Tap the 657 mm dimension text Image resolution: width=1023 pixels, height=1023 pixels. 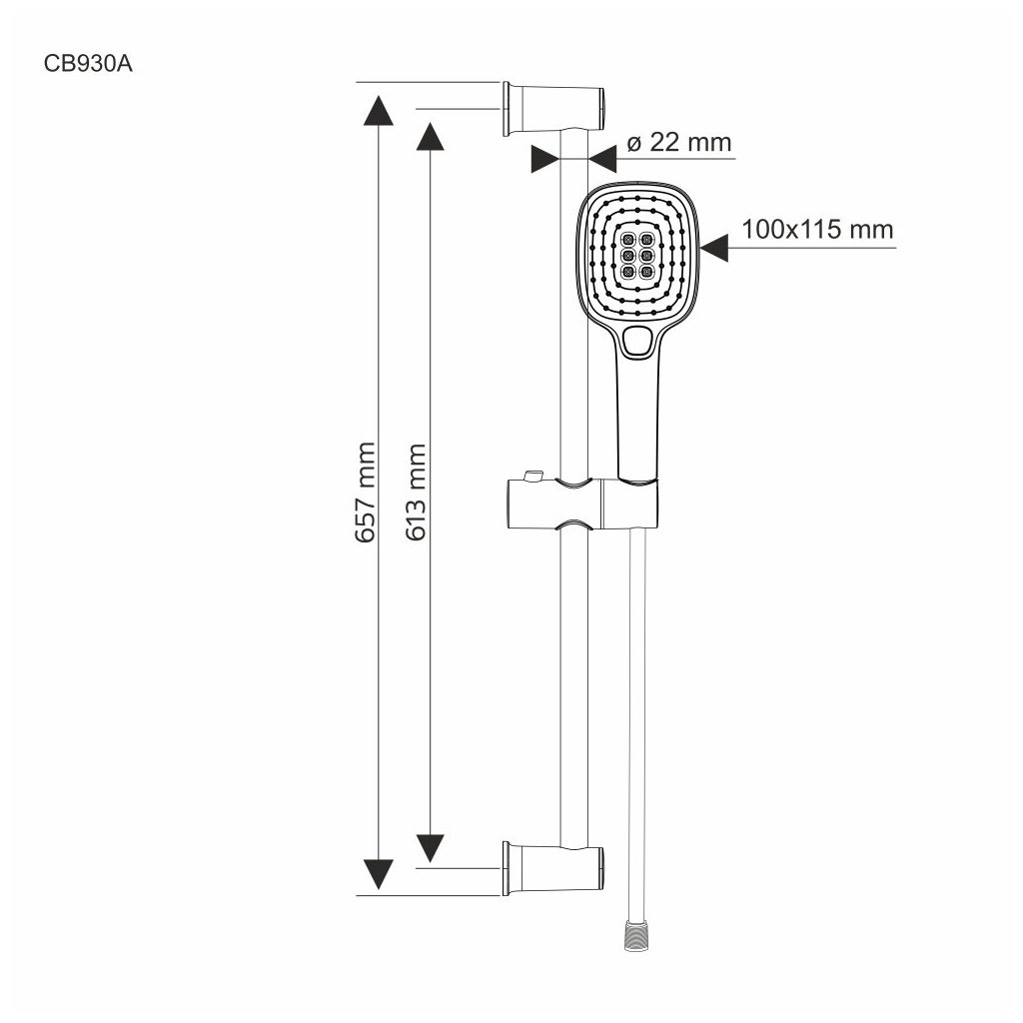pos(365,492)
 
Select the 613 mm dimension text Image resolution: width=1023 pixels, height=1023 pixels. pos(416,492)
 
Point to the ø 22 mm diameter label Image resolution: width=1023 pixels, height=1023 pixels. pos(679,142)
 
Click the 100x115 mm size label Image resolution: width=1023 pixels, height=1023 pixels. pos(816,230)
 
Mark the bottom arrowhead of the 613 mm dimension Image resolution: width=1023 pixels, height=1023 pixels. pos(430,847)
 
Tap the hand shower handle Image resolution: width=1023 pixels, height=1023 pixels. pos(636,420)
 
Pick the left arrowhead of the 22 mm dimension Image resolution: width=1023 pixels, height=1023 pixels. pos(544,159)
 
